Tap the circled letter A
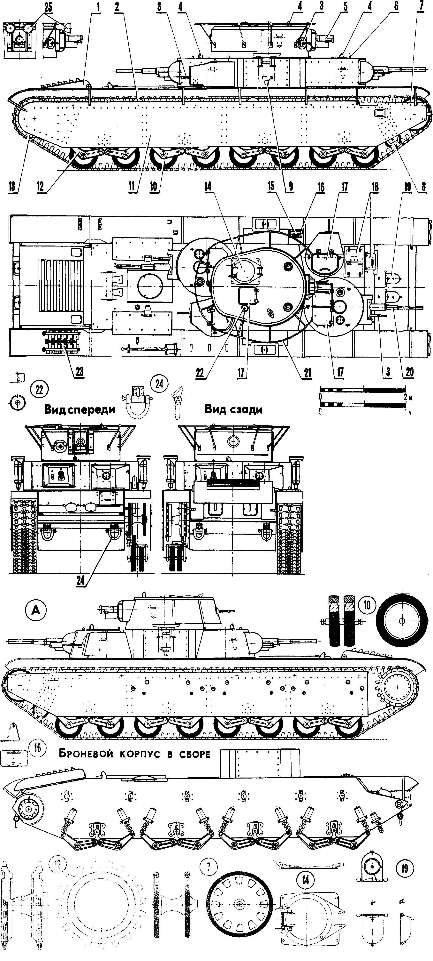36,610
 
